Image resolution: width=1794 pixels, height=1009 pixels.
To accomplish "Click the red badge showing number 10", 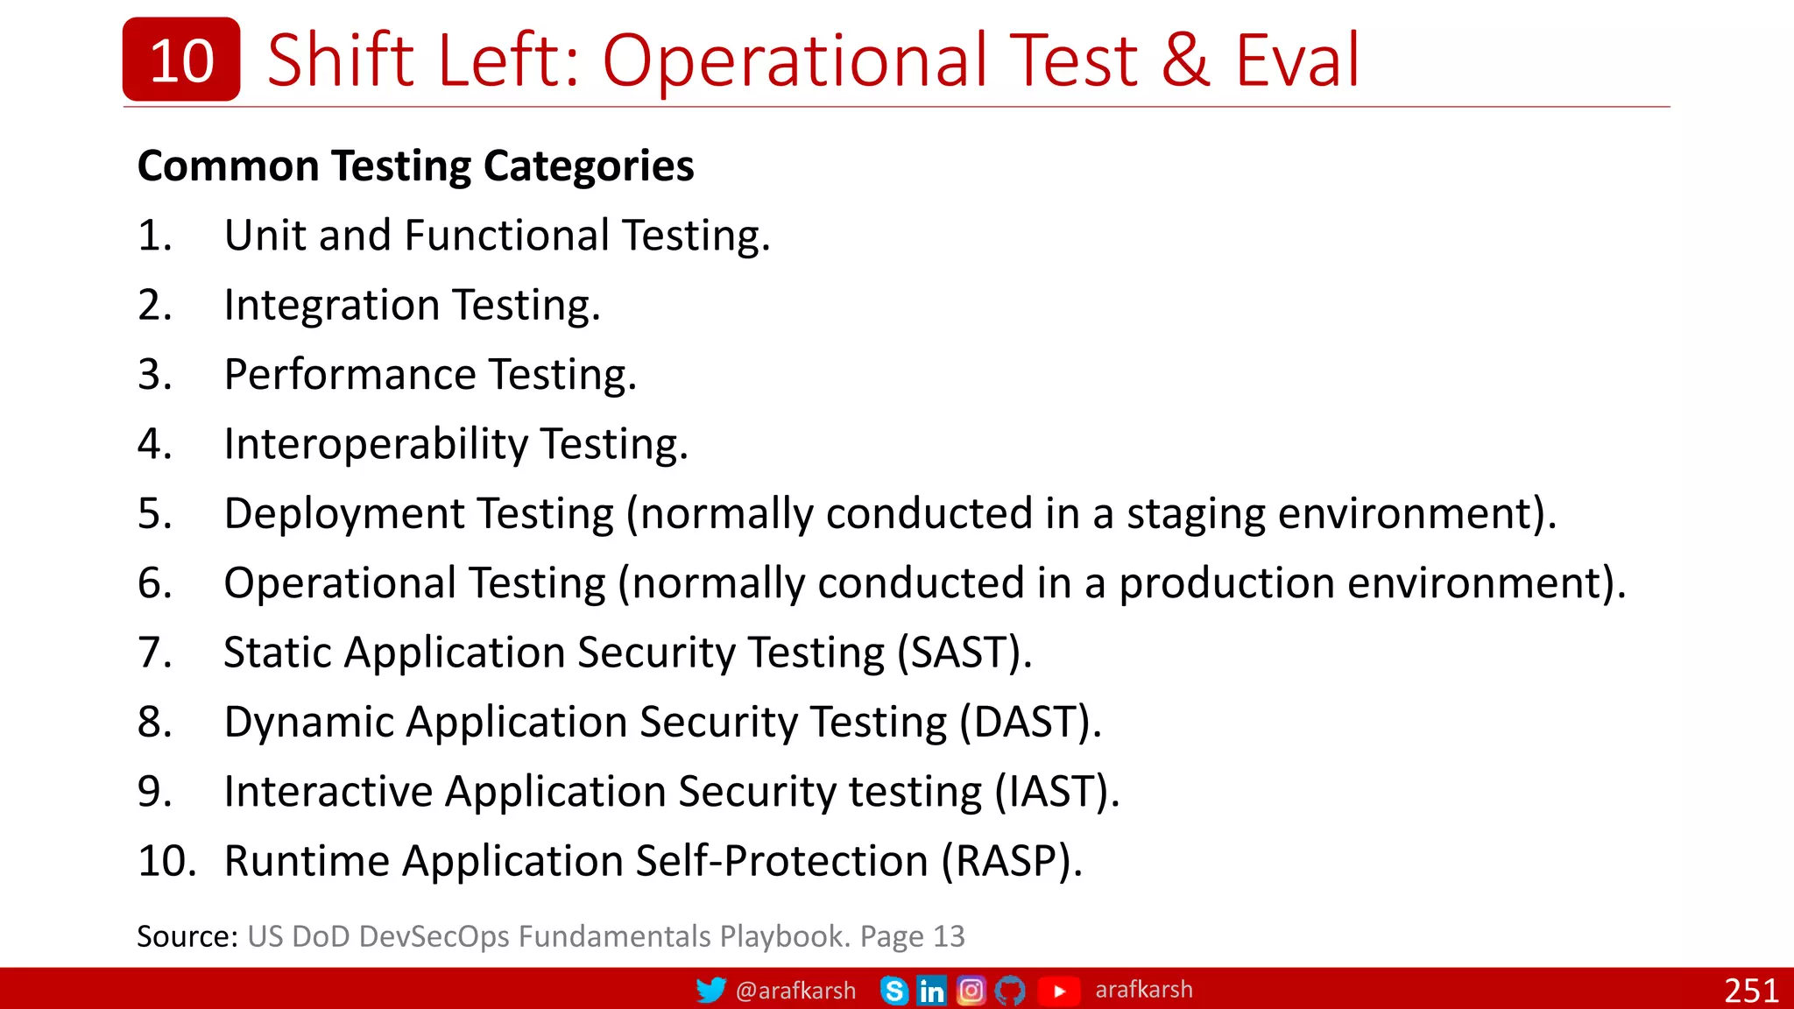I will pos(181,60).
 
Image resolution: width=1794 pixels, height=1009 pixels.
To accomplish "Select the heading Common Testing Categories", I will pos(415,166).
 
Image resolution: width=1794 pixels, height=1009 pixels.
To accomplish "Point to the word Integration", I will pos(331,306).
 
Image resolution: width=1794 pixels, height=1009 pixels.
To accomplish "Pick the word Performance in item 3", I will pos(350,375).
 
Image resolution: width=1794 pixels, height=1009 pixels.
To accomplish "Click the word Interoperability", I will pos(375,444).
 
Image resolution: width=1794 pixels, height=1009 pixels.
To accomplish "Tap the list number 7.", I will pos(154,653).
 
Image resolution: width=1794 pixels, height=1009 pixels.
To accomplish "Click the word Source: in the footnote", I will pos(187,936).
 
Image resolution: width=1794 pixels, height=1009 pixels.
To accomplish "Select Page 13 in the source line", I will pos(912,936).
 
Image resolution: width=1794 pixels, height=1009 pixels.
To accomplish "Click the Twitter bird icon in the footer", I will pos(710,990).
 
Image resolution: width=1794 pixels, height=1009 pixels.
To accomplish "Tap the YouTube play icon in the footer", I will pos(1059,991).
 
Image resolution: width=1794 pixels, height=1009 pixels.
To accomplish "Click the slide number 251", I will pos(1750,991).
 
